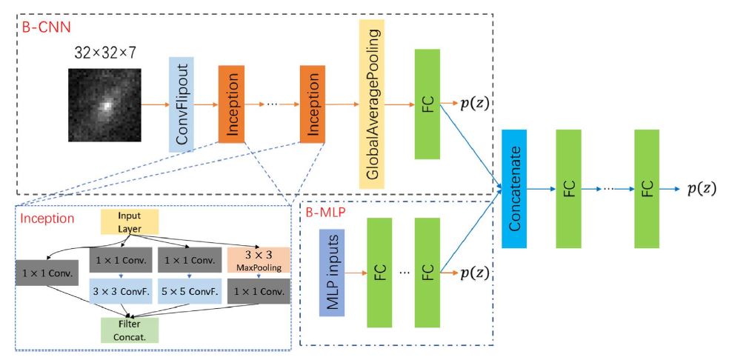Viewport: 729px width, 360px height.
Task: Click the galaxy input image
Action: pos(105,105)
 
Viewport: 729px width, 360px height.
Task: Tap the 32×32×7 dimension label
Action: pos(105,53)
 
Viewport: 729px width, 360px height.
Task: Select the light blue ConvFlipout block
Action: pos(181,104)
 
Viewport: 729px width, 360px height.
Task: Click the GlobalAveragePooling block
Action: pos(373,104)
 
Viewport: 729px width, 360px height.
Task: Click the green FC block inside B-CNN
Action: pos(427,104)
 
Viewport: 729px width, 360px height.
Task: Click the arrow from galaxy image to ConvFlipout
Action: pos(154,105)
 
